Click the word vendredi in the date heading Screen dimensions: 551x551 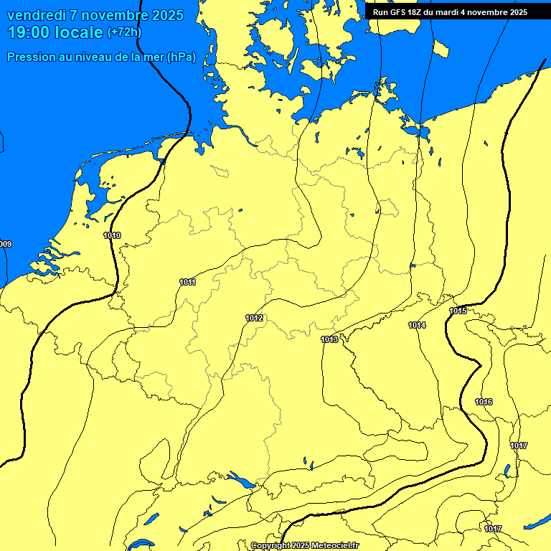pos(37,15)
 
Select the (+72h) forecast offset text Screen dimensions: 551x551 pos(123,33)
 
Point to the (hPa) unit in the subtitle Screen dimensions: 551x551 pos(181,57)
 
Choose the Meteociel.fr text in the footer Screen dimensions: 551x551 pos(335,546)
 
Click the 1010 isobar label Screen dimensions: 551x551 pos(112,235)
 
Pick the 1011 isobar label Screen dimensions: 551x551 pos(187,282)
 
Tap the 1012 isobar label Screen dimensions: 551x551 pos(254,318)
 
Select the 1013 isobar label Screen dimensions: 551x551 pos(329,339)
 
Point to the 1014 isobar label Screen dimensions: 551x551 pos(417,325)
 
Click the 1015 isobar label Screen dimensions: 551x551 pos(458,311)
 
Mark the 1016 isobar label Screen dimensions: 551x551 pos(484,402)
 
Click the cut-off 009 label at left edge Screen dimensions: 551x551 pos(5,245)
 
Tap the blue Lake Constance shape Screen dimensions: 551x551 pos(241,479)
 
